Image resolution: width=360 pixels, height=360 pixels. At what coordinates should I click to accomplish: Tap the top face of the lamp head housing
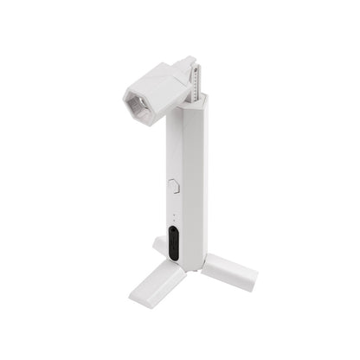(x=161, y=76)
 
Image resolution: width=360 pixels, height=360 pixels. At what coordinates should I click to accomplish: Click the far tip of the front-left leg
(x=138, y=299)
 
